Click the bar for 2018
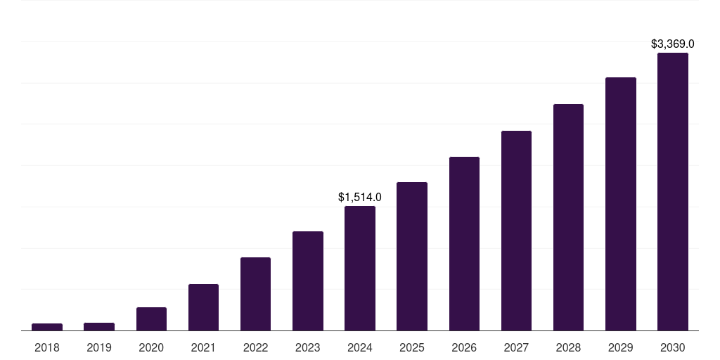coord(47,327)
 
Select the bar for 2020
coord(151,319)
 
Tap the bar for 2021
coord(203,307)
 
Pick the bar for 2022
coord(255,294)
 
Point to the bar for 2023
coord(308,281)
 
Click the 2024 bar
coord(360,269)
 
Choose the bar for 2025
coord(412,257)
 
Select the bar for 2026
coord(464,244)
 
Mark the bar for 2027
coord(516,231)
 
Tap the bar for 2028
coord(568,217)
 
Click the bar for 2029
coord(621,204)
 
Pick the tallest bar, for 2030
coord(673,192)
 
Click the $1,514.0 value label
coord(360,197)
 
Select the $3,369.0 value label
coord(673,44)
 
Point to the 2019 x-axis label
coord(99,347)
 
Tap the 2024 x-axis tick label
coord(360,347)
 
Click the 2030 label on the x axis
coord(673,347)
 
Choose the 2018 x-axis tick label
coord(47,347)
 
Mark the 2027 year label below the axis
coord(516,347)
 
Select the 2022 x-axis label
coord(255,347)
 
